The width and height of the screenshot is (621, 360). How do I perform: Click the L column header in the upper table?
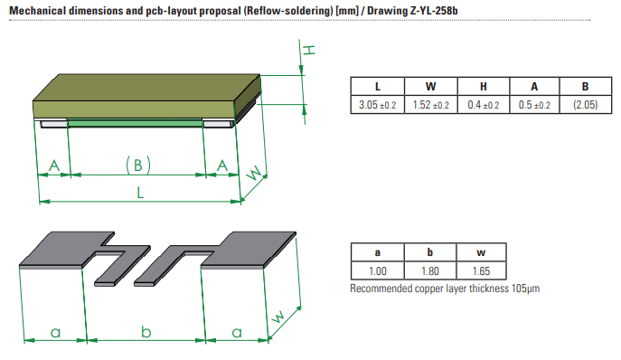[x=378, y=86]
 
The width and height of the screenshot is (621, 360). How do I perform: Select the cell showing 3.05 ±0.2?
[x=378, y=105]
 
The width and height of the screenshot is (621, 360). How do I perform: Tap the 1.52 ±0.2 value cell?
[x=431, y=105]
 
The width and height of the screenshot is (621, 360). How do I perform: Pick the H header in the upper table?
[x=484, y=86]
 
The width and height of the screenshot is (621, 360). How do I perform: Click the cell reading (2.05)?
[x=586, y=105]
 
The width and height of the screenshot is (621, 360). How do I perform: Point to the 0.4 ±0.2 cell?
[x=484, y=105]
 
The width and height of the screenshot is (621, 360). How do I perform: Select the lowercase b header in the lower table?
[x=430, y=252]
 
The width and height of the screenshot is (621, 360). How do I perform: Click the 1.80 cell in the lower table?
[x=430, y=270]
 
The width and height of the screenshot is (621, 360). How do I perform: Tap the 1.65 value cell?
[x=481, y=270]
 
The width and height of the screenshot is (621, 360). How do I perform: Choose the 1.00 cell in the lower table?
[x=378, y=270]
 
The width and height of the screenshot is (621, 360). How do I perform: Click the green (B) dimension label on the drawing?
[x=138, y=165]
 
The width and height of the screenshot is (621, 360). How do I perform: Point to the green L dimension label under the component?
[x=140, y=193]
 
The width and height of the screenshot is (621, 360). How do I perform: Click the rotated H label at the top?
[x=309, y=50]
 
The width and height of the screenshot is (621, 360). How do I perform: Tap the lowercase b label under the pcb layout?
[x=146, y=331]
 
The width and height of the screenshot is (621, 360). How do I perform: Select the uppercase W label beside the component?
[x=254, y=174]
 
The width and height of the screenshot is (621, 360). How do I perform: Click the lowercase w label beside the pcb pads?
[x=278, y=316]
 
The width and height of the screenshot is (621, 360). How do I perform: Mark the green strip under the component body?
[x=135, y=123]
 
